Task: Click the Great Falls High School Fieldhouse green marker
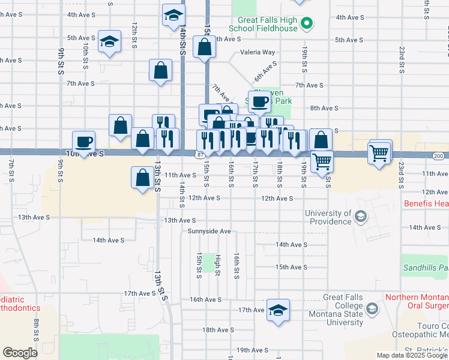point(307,25)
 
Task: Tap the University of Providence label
point(328,217)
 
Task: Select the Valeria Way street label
point(258,53)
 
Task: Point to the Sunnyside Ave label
point(209,231)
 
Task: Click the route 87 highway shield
point(199,154)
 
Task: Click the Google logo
point(20,353)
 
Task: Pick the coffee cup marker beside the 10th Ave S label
point(83,142)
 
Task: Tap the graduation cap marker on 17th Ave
point(278,310)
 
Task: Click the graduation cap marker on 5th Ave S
point(109,41)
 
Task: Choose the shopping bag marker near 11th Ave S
point(143,178)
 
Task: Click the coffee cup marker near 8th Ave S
point(259,101)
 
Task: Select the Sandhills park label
point(426,268)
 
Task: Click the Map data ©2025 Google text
point(412,355)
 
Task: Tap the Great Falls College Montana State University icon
point(372,309)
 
